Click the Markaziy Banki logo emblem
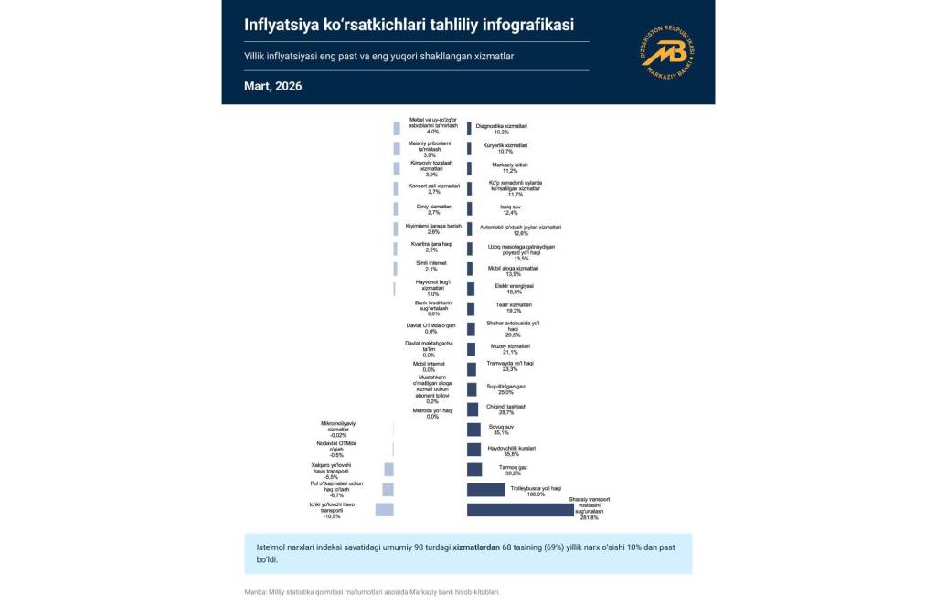coord(669,53)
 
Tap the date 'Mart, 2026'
coord(272,86)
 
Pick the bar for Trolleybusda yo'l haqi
coord(485,490)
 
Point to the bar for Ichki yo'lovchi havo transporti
coord(384,510)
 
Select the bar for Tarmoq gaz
coord(474,470)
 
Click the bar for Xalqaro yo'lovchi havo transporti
coord(388,470)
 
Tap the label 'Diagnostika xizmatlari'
coord(502,125)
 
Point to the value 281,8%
coord(587,518)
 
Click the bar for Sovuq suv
coord(473,430)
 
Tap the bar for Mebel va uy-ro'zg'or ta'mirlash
coord(397,129)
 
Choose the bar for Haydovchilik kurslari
coord(473,450)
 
